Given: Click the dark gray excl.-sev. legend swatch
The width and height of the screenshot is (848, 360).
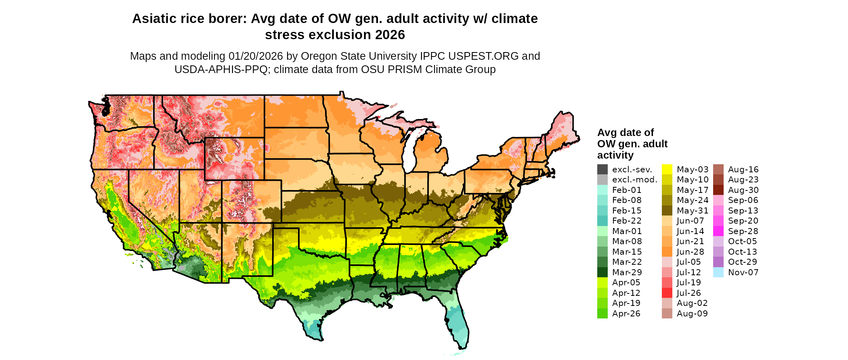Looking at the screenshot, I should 602,170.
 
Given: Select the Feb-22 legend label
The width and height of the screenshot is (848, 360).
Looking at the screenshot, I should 627,221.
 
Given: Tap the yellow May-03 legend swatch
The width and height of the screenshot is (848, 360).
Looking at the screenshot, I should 667,170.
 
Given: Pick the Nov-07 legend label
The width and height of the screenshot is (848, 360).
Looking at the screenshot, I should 743,272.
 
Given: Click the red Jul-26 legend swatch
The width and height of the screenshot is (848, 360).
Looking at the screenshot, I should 667,293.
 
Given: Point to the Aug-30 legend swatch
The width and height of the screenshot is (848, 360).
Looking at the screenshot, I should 718,190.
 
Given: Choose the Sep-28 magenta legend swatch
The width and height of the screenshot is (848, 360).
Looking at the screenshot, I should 718,231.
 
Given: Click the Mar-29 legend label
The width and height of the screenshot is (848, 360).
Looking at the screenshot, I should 627,272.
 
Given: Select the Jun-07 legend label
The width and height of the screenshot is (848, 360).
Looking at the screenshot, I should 691,221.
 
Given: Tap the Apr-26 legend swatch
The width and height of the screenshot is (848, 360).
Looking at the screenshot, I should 602,314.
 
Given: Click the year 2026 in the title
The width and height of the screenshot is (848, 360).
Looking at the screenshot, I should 390,35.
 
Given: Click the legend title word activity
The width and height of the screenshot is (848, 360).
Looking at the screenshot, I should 615,155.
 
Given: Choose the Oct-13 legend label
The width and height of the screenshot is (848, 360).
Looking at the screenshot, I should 742,252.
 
